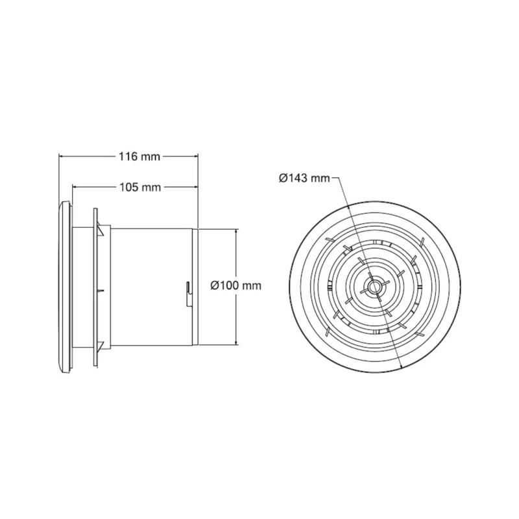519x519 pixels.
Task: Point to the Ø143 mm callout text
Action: pos(304,177)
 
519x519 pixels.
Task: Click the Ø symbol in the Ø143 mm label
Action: pos(284,177)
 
